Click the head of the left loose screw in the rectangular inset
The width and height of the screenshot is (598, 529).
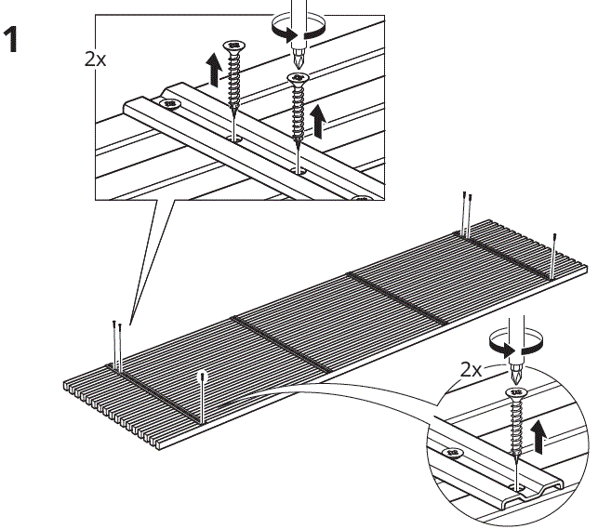coord(233,45)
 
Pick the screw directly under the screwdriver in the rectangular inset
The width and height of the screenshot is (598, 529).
coord(298,102)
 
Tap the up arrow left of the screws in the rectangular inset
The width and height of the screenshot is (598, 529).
coord(213,68)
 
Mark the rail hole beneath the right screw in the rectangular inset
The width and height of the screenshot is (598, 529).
coord(299,170)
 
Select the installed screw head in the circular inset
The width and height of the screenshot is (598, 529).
coord(455,453)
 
